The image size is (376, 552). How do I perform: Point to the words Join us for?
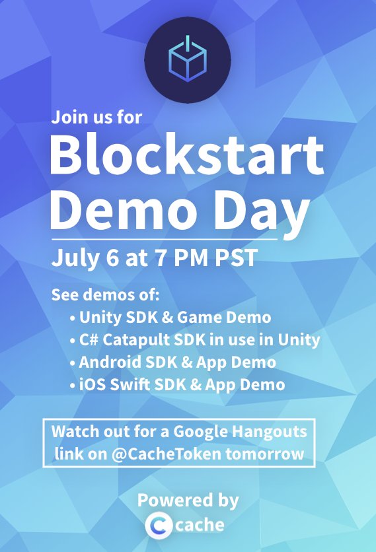pos(96,119)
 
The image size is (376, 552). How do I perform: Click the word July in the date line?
pos(73,258)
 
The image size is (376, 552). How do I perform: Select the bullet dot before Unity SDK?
pos(72,318)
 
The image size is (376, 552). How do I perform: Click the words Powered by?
pos(188,500)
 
